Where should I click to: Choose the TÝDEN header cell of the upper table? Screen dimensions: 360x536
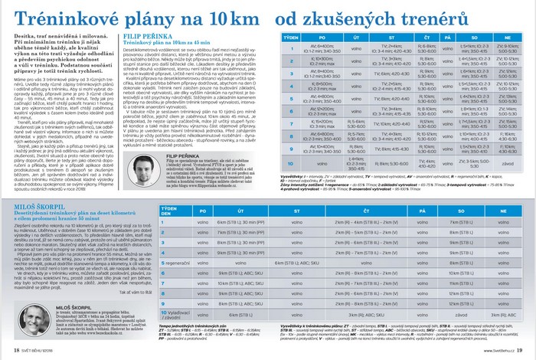[x=291, y=36]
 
